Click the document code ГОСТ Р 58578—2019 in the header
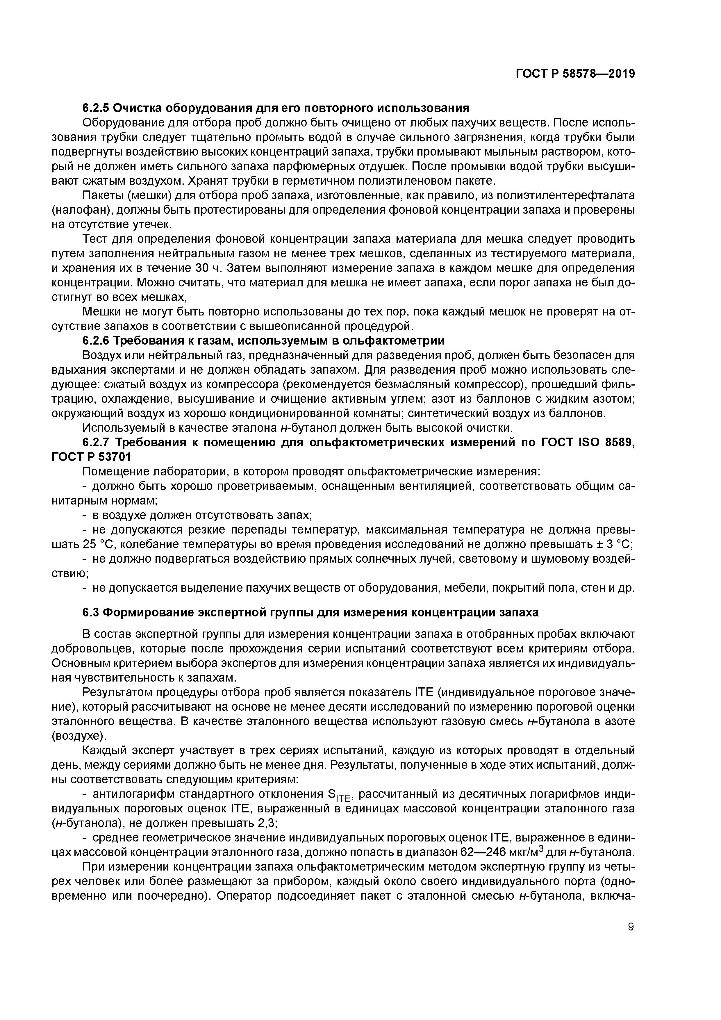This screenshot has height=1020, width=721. tap(575, 74)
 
